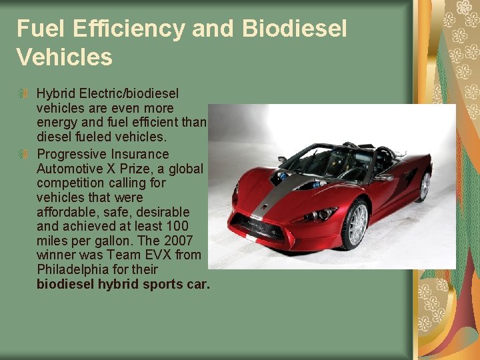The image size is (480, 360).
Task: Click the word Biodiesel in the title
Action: [295, 29]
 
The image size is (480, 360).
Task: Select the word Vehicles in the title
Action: [64, 58]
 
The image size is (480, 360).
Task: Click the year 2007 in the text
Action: [183, 240]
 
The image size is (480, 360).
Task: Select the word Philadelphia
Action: [73, 269]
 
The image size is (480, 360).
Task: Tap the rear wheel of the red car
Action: [424, 186]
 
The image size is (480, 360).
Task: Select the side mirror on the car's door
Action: [385, 177]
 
